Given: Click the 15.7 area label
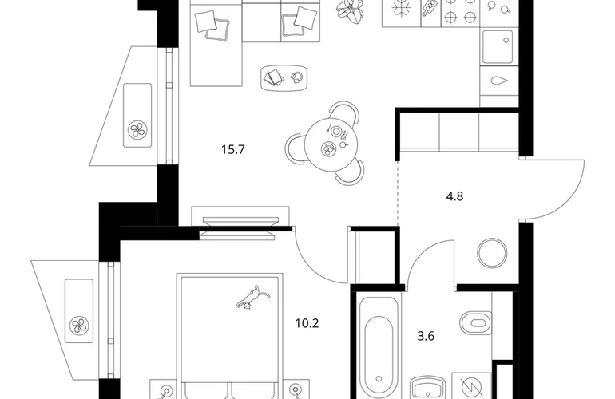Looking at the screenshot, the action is pos(233,149).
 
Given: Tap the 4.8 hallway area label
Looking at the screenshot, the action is pos(454,196).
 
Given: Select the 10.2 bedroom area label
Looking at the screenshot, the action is pos(307,323).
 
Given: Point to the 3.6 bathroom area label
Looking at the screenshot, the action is pos(426,336).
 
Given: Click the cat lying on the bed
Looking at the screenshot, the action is pos(252,298).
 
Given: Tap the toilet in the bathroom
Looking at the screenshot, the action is pos(475,323).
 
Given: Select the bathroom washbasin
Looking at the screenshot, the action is pos(428,388).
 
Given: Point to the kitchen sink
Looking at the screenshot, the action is pos(498,46).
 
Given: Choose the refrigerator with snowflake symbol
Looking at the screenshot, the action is pos(401,12).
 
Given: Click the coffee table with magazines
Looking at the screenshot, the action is pos(285,78).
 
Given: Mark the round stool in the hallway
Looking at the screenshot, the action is pos(492,253).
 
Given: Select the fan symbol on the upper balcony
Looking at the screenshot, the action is pos(137,130).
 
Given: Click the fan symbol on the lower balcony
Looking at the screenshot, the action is pos(79,326).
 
